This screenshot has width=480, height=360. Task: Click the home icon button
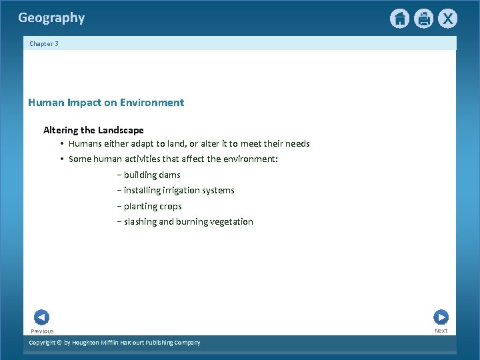tap(399, 19)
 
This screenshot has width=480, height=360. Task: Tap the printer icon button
tap(423, 19)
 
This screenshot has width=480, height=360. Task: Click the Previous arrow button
tap(41, 317)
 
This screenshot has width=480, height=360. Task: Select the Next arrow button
tap(441, 317)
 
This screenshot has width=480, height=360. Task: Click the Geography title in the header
tap(51, 18)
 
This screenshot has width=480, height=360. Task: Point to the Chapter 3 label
tap(44, 43)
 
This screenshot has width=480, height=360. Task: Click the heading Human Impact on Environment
tap(106, 103)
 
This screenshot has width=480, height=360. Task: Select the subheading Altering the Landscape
tap(93, 130)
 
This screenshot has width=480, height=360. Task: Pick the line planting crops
tap(152, 207)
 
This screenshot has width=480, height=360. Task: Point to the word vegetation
tap(231, 222)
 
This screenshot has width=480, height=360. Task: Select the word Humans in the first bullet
tap(85, 144)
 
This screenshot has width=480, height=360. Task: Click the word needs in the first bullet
tap(297, 144)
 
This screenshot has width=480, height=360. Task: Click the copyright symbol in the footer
tap(58, 343)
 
